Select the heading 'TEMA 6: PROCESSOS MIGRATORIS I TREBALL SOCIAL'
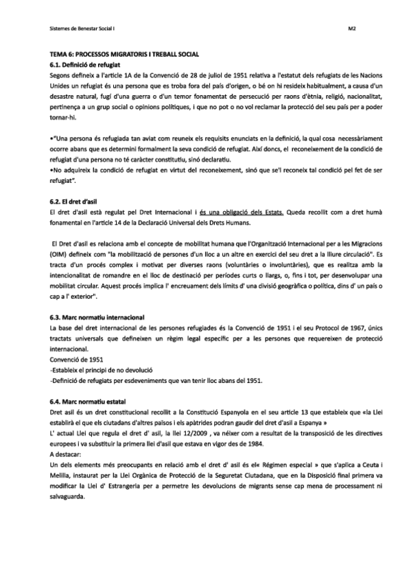click(x=129, y=53)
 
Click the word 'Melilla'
click(x=62, y=475)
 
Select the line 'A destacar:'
click(x=67, y=455)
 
